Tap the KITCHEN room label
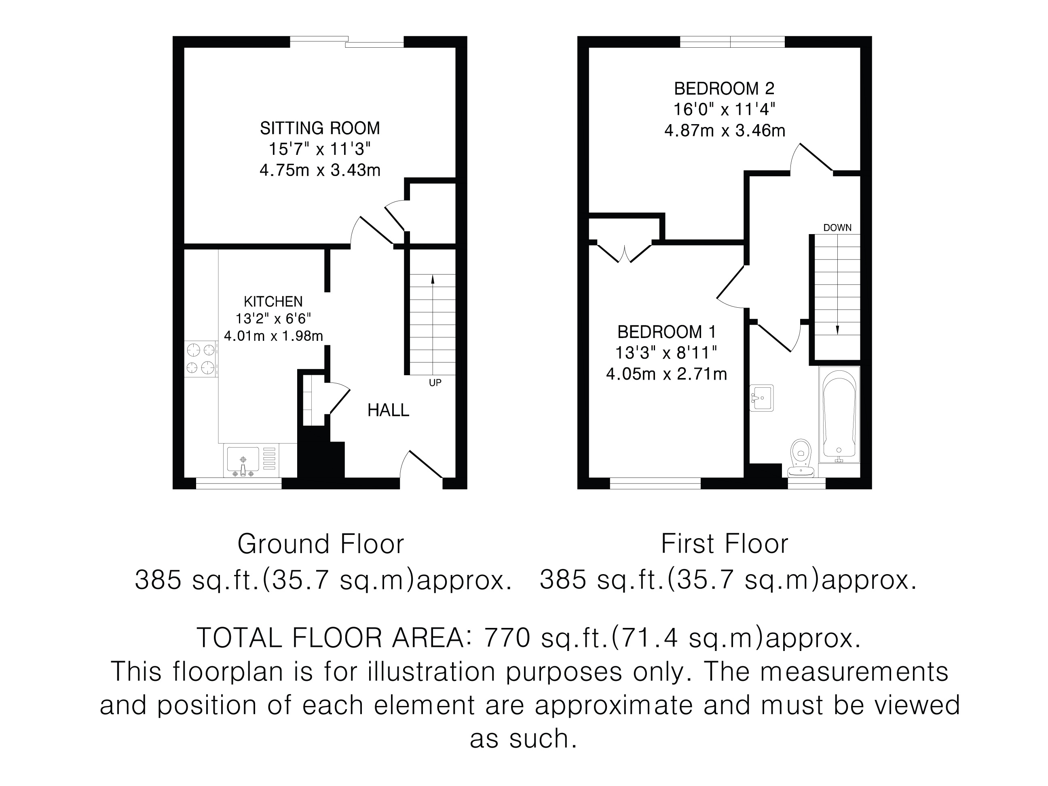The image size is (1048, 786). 273,301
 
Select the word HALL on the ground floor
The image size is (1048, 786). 388,410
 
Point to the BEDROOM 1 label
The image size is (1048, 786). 666,332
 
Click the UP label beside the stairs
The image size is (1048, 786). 435,383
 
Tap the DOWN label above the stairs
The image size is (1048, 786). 837,228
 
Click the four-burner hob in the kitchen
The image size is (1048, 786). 201,359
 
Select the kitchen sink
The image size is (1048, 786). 251,461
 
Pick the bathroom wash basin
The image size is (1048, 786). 761,397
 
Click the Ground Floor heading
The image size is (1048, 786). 321,544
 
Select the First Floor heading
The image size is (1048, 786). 725,544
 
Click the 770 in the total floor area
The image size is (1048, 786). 507,638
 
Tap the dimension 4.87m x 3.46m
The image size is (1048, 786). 725,130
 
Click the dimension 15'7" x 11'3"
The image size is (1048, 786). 320,149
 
